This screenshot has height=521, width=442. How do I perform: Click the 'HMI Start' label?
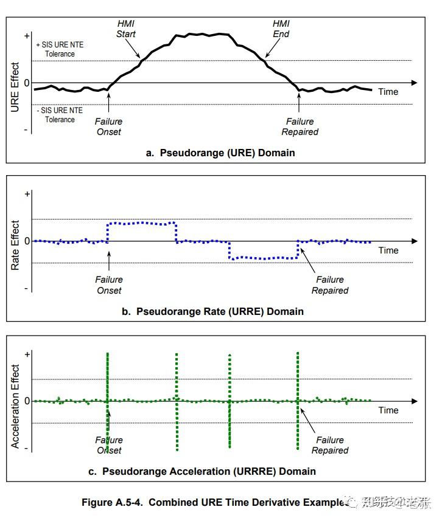point(126,29)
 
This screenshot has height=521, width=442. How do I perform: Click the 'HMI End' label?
point(281,29)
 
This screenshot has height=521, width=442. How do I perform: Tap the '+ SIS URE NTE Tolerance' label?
point(59,49)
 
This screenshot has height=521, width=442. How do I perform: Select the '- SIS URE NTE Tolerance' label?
point(59,115)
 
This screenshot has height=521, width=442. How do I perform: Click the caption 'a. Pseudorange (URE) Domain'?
point(220,153)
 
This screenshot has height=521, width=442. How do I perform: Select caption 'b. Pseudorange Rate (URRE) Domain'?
point(220,311)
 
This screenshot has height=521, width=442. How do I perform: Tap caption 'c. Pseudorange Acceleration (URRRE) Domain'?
point(209,471)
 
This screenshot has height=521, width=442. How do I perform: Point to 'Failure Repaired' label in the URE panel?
point(300,126)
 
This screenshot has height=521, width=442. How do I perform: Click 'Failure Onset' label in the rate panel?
point(109,285)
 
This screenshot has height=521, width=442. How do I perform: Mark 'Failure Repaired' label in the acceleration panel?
point(330,445)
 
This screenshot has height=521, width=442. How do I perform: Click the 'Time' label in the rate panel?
point(388,250)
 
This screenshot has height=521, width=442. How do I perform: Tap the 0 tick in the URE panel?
point(26,82)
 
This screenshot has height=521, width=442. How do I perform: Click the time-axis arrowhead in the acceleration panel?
point(414,401)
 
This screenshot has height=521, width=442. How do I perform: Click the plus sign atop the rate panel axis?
point(27,194)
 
